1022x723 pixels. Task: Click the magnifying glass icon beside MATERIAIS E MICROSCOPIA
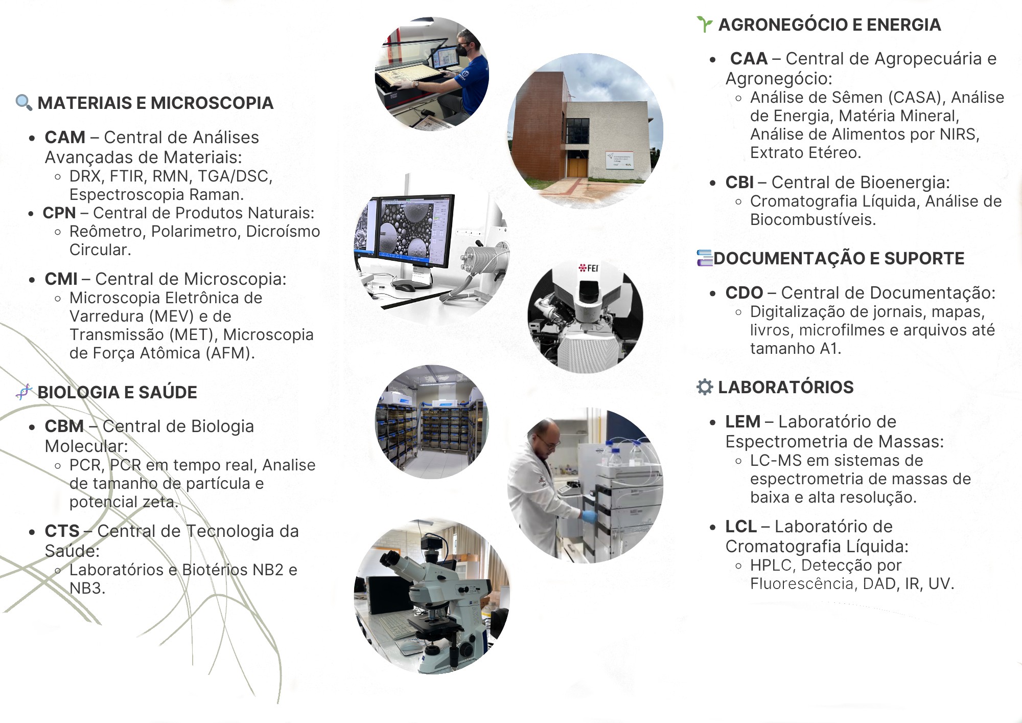tap(24, 102)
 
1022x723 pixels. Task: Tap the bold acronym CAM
tap(65, 138)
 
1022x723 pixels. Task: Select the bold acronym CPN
tap(59, 213)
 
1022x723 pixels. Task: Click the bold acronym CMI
tap(61, 279)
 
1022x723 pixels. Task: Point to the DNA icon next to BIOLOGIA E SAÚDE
tap(24, 392)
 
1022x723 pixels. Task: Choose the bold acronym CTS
tap(62, 531)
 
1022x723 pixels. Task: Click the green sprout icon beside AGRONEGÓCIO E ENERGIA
tap(705, 24)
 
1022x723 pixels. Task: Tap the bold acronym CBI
tap(739, 183)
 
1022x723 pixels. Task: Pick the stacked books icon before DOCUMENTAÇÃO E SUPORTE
tap(705, 258)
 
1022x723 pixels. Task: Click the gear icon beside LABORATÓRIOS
tap(705, 387)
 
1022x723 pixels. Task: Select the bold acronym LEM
tap(742, 422)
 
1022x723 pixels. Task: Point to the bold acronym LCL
tap(741, 527)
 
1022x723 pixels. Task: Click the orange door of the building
tap(577, 168)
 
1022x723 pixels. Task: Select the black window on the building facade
tap(577, 131)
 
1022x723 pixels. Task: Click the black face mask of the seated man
tap(463, 50)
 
